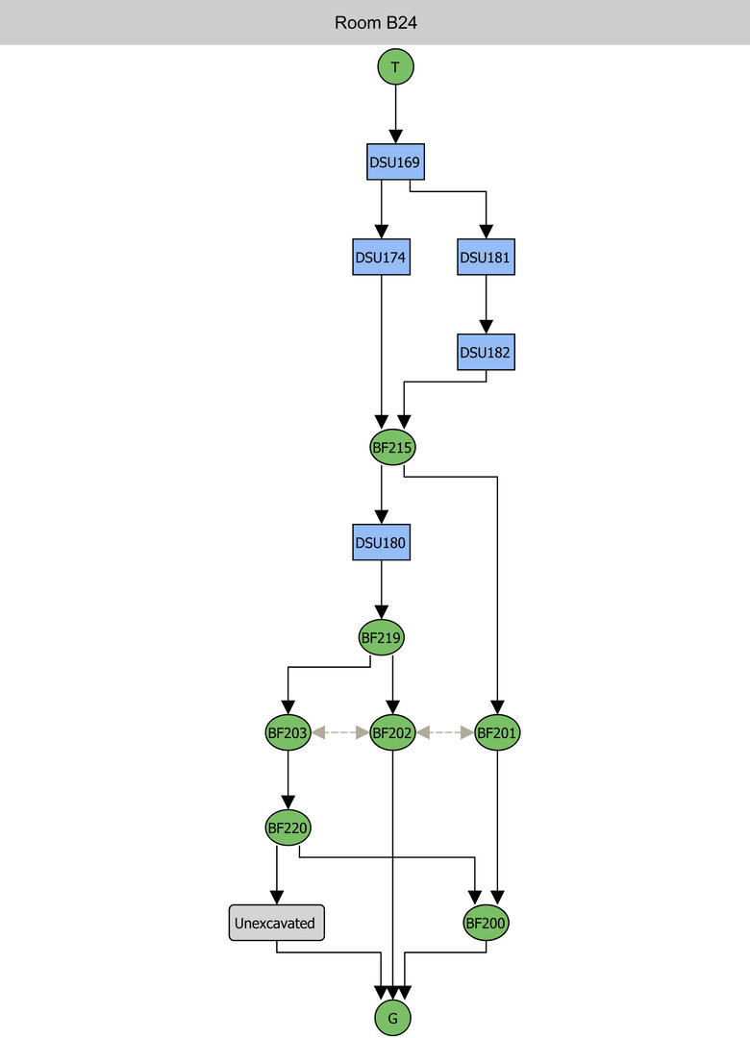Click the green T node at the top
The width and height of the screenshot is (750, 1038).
[395, 67]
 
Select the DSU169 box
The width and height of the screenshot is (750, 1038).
[395, 161]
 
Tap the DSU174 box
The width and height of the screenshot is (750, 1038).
[382, 257]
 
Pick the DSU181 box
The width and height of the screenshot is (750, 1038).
[487, 257]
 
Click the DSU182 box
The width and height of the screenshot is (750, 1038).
[487, 352]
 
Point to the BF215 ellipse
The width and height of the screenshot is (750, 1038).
[393, 447]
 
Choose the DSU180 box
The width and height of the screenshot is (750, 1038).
[382, 542]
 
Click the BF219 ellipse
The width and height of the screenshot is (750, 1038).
[382, 636]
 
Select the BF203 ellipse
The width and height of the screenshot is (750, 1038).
[287, 732]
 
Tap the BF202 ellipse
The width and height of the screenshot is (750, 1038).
[393, 732]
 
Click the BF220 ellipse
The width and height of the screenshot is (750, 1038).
[288, 827]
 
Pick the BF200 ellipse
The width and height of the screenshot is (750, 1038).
[487, 923]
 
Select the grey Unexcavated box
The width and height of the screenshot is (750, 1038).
[277, 923]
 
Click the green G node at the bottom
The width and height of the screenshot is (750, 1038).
[393, 1018]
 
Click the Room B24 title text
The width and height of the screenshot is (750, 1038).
[375, 22]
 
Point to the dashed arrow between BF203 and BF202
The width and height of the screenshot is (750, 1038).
[340, 732]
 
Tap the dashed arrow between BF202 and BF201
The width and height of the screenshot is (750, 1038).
[445, 732]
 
